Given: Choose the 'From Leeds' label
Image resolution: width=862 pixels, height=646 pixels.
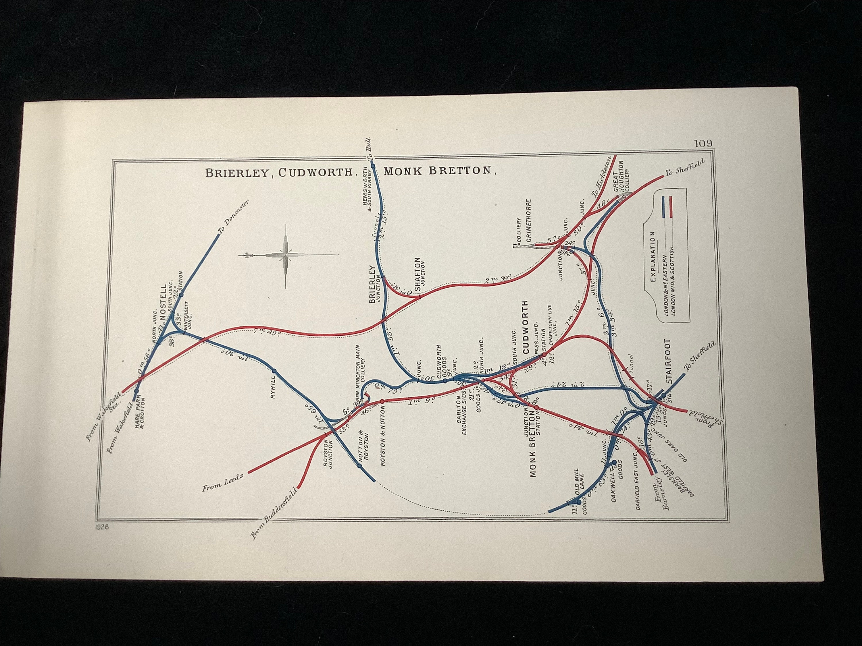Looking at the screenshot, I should point(222,482).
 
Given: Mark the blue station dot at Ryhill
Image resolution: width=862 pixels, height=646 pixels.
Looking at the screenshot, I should point(274,370).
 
